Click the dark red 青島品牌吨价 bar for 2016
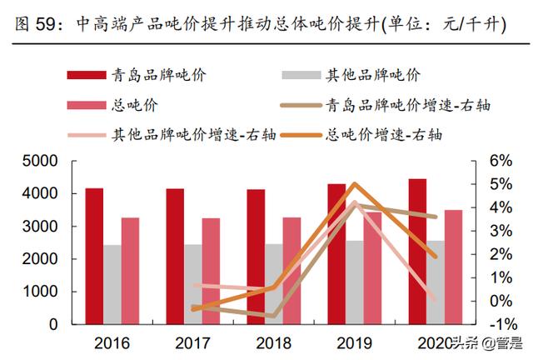94,256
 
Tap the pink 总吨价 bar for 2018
291,271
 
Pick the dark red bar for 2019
336,253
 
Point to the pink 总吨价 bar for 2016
131,271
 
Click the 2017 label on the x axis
192,342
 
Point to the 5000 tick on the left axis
40,161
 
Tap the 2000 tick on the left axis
40,259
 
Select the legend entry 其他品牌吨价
371,75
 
